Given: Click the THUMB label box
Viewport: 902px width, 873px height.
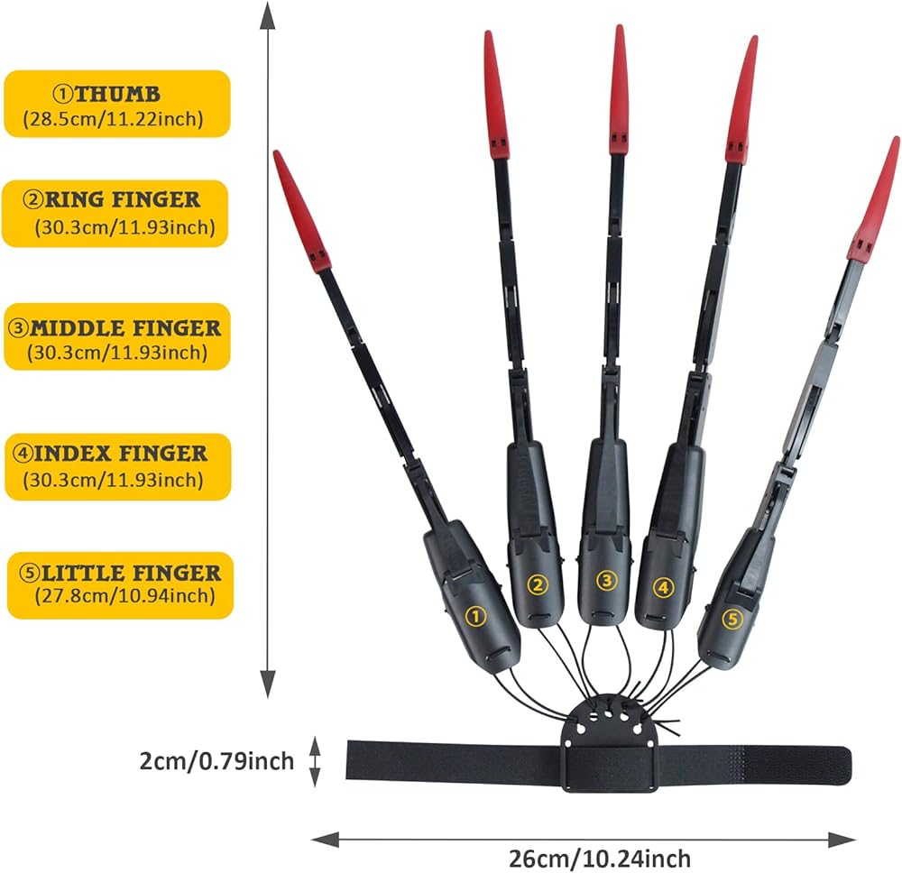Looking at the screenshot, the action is click(117, 104).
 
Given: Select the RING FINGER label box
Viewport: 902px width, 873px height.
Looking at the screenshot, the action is click(115, 214).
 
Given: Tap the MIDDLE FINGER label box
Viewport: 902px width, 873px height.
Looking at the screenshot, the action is click(117, 336).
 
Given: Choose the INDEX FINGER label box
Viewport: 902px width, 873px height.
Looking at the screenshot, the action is click(118, 467).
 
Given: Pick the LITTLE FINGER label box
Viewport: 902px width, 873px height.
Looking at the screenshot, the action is click(120, 585).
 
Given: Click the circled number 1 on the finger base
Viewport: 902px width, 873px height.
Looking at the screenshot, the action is click(475, 617).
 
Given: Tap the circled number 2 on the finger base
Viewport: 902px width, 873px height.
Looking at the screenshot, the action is click(538, 585).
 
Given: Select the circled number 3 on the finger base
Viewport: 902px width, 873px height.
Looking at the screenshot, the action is click(606, 581).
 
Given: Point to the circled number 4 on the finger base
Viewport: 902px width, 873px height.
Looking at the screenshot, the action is click(663, 587).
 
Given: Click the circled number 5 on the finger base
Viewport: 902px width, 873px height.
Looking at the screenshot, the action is click(732, 619).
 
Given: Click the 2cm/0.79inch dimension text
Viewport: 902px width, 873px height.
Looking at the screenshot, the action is click(216, 761).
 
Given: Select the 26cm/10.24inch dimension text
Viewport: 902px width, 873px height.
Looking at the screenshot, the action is click(600, 859).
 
